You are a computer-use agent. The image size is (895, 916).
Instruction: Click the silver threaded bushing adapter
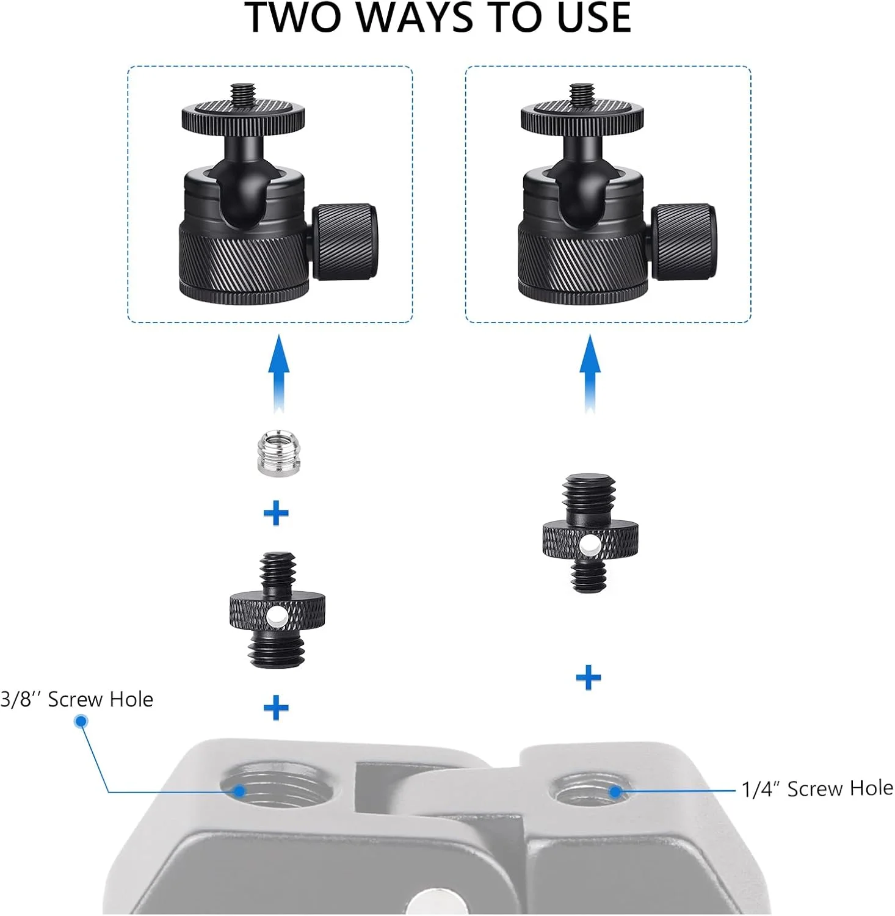[278, 453]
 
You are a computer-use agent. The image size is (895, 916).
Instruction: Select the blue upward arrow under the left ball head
[279, 373]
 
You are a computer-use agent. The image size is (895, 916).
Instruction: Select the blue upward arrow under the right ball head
[590, 373]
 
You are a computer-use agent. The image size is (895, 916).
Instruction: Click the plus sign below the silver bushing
[276, 513]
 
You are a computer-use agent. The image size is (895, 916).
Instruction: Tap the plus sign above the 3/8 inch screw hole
[276, 708]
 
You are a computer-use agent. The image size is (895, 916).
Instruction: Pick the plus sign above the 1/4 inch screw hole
[589, 677]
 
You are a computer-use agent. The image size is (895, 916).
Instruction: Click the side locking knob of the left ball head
[344, 242]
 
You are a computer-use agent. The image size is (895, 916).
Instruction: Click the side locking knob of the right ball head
[683, 242]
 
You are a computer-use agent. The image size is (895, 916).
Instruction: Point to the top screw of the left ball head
[243, 95]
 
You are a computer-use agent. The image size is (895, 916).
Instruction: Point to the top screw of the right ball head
[582, 95]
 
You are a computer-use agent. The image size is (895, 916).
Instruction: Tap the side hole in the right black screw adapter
[590, 547]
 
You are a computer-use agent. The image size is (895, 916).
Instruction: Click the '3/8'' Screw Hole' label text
[77, 699]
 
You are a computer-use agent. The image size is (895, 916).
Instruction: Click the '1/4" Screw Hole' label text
[817, 788]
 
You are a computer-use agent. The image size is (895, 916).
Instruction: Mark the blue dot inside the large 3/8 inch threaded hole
[240, 791]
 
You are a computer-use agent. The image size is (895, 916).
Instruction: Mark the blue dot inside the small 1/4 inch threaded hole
[615, 792]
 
